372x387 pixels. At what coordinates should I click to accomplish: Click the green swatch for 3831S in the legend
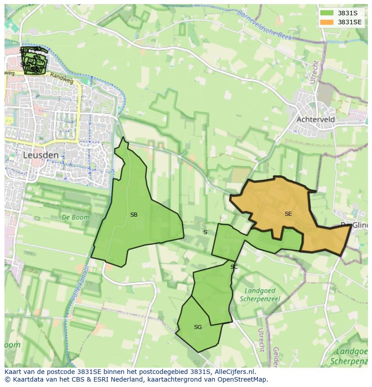click(x=327, y=13)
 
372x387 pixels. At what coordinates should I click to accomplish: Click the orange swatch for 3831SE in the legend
click(x=327, y=22)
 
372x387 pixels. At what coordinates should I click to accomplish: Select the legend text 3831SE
click(x=351, y=22)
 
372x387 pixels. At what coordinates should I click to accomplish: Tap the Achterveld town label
click(x=315, y=120)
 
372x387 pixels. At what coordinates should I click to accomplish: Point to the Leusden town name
click(x=40, y=155)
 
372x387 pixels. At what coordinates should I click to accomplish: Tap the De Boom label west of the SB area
click(x=75, y=217)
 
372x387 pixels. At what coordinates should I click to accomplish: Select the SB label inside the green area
click(x=133, y=215)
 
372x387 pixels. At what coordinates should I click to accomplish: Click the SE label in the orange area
click(x=288, y=214)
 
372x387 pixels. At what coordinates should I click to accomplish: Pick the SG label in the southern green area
click(x=198, y=327)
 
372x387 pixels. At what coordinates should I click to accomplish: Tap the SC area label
click(x=234, y=267)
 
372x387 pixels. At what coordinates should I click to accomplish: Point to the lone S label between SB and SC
click(x=205, y=232)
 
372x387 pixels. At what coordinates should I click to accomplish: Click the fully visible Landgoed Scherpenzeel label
click(x=260, y=295)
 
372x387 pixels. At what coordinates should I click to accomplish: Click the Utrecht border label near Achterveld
click(x=314, y=72)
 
